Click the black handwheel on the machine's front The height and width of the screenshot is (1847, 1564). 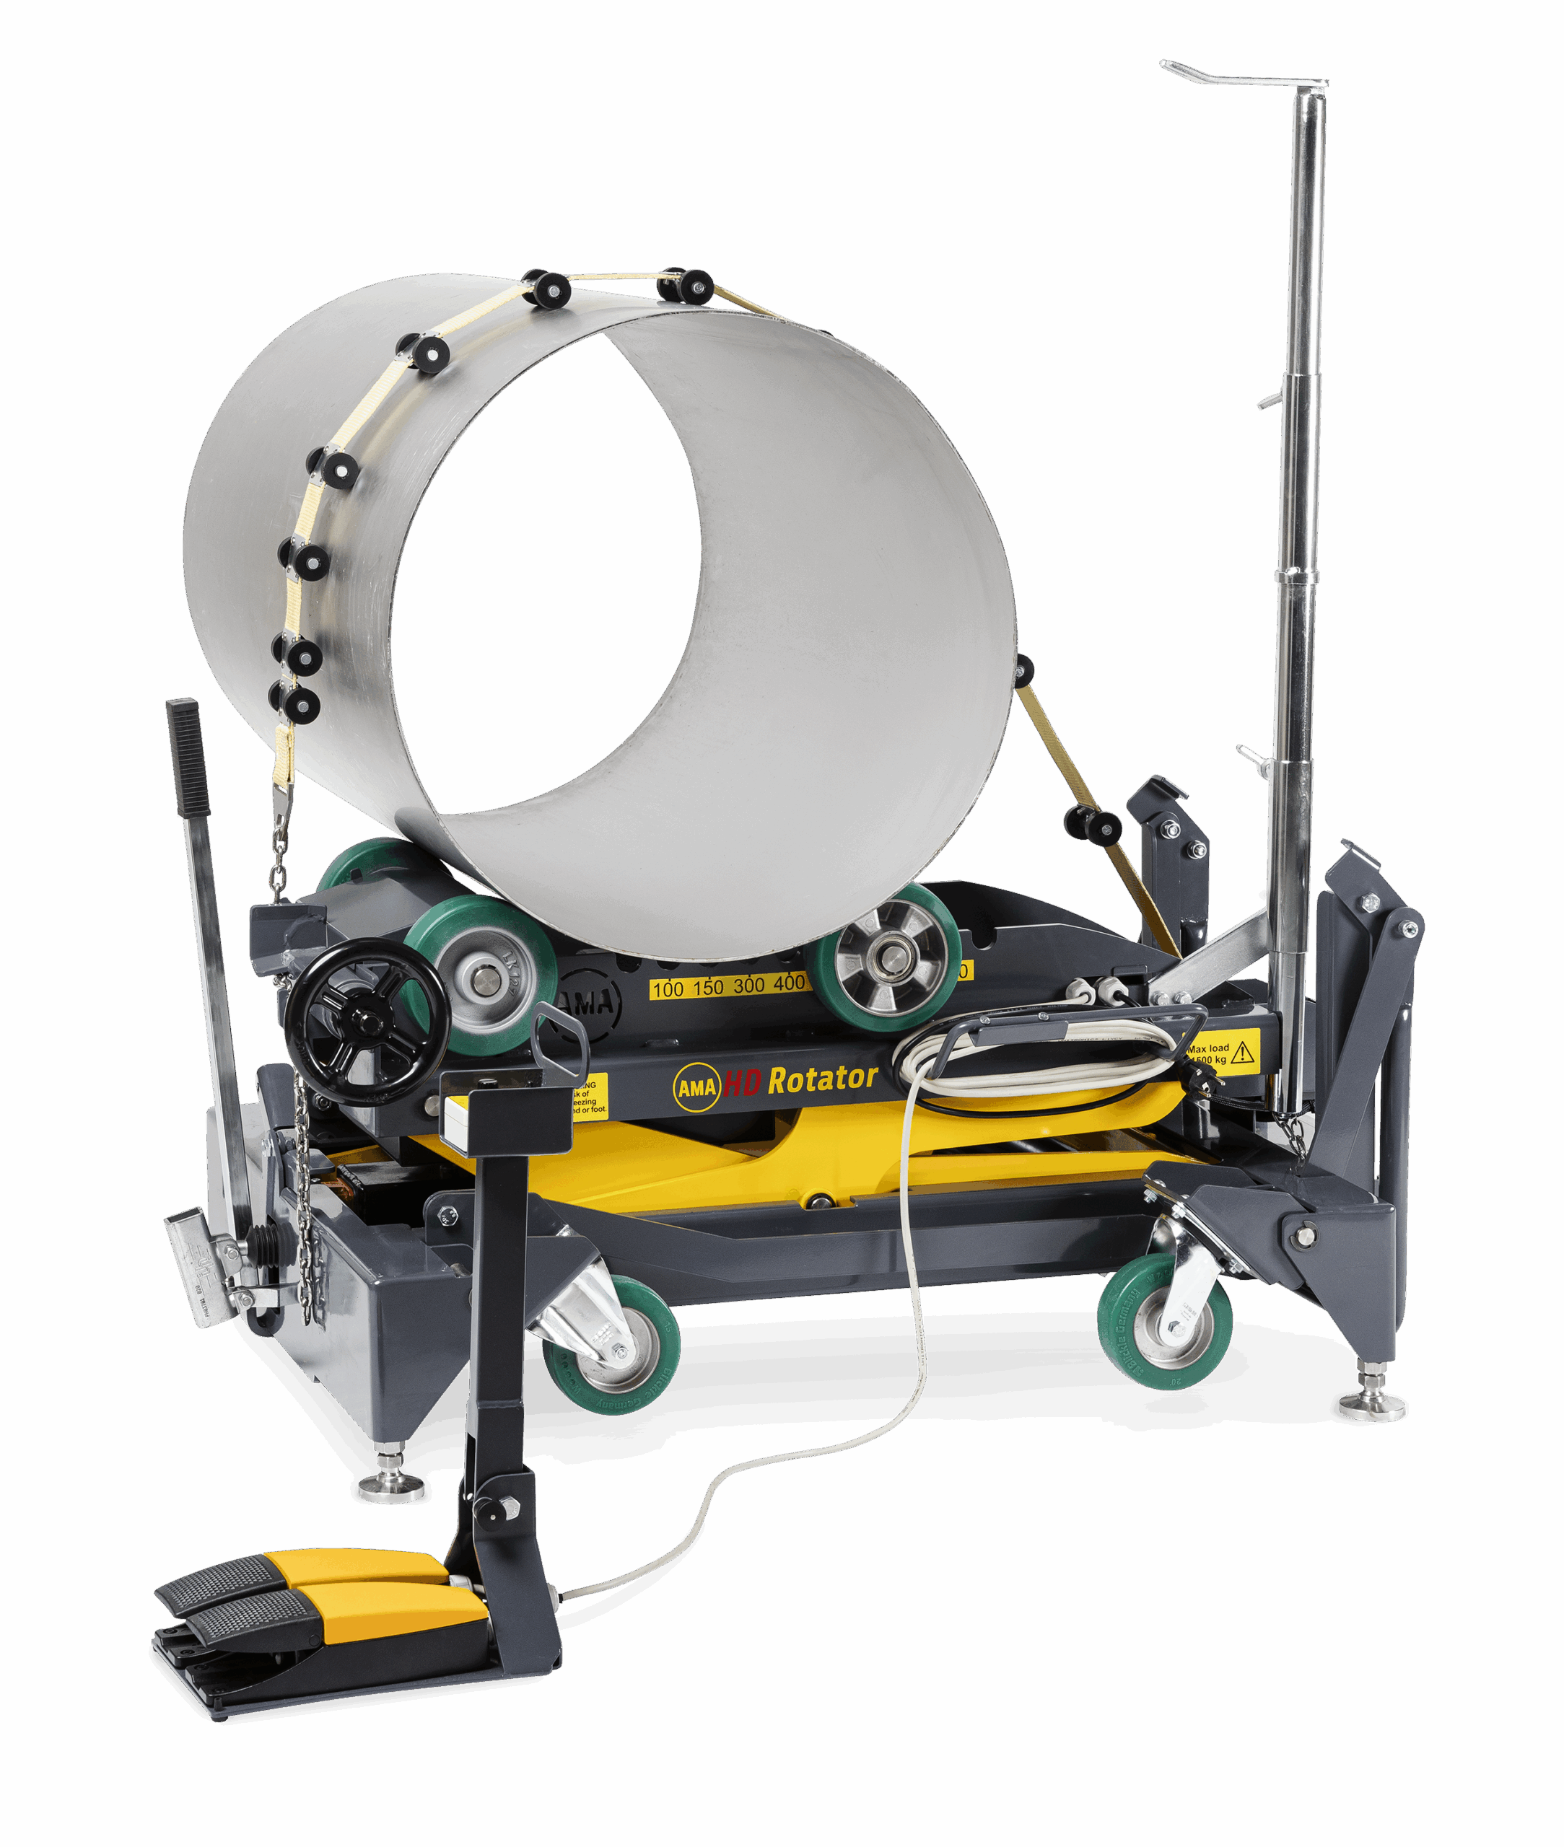[366, 1022]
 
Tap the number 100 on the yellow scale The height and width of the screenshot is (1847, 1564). [668, 988]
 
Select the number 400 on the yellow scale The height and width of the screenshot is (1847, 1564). [788, 982]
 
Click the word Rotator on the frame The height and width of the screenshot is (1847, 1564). [822, 1079]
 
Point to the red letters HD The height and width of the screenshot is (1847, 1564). [742, 1083]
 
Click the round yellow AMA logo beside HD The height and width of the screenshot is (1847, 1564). [696, 1086]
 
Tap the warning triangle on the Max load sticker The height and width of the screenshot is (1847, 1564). [1243, 1052]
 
